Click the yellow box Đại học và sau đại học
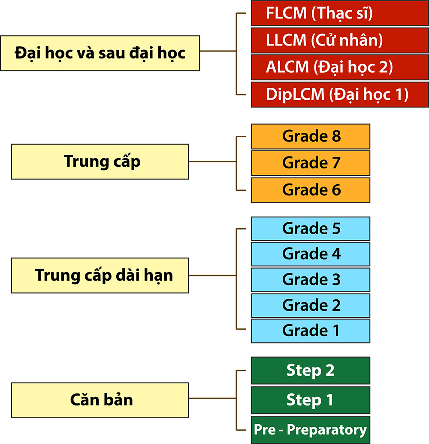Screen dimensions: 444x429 tap(100, 53)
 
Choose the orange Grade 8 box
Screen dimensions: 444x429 tap(311, 136)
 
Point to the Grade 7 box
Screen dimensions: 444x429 tap(311, 163)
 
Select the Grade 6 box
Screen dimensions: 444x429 tap(311, 190)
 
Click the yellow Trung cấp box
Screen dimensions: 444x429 tap(100, 162)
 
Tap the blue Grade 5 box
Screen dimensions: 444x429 tap(311, 228)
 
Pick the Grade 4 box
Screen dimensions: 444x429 tap(311, 254)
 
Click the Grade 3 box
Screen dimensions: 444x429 tap(311, 279)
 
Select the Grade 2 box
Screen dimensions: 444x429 tap(311, 305)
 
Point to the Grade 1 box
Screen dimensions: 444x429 tap(311, 331)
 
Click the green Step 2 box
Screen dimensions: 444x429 tap(311, 370)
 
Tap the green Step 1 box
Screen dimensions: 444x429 tap(311, 400)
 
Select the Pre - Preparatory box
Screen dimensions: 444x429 tap(311, 429)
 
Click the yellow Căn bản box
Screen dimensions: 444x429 tap(100, 400)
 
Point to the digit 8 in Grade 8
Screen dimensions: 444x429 tap(336, 136)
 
